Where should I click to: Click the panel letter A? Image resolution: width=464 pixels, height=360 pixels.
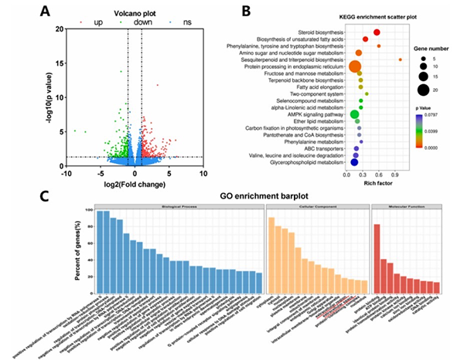(46, 12)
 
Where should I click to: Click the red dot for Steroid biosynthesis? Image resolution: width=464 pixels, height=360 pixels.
(377, 32)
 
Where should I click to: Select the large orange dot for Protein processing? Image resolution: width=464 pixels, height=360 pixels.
(356, 66)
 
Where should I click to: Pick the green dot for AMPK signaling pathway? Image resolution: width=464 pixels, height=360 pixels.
(355, 114)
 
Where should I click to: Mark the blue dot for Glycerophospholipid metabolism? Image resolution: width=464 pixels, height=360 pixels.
(354, 162)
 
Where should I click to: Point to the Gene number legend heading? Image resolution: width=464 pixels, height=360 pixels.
(424, 48)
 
